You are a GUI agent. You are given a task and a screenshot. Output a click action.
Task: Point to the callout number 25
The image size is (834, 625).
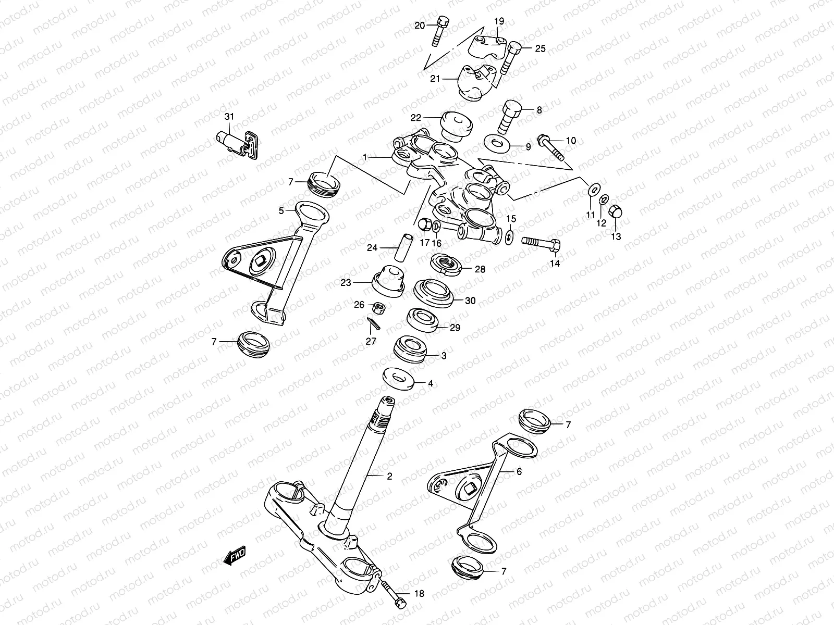540,48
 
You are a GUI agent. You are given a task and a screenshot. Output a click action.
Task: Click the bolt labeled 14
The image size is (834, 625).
541,243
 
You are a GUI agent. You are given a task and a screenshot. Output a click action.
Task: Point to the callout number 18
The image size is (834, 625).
419,593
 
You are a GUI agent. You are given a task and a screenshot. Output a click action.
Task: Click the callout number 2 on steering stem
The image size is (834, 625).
389,476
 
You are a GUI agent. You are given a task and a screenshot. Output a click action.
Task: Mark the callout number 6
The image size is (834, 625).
519,471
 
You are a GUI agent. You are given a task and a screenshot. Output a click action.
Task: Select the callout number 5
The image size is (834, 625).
281,211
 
